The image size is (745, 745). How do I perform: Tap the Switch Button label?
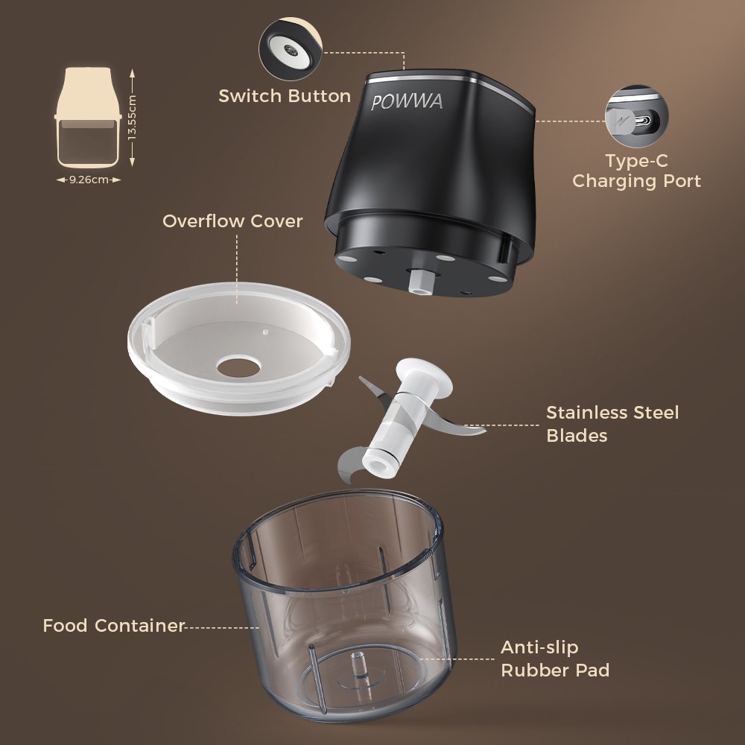[285, 96]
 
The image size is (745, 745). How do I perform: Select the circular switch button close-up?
[291, 49]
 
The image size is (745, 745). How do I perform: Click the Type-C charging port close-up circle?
[637, 116]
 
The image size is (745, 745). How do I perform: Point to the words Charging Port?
[637, 181]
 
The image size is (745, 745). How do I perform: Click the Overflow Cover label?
[232, 221]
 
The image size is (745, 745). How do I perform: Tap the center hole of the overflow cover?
[238, 367]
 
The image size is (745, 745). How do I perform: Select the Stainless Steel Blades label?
[612, 424]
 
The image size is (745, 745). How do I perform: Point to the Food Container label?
[113, 625]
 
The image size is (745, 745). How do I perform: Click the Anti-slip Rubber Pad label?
[555, 659]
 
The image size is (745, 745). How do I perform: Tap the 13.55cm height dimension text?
[132, 118]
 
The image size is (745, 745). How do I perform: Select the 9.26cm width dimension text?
[89, 180]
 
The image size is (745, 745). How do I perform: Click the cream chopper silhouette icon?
[88, 118]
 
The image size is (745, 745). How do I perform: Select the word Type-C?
[637, 161]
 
